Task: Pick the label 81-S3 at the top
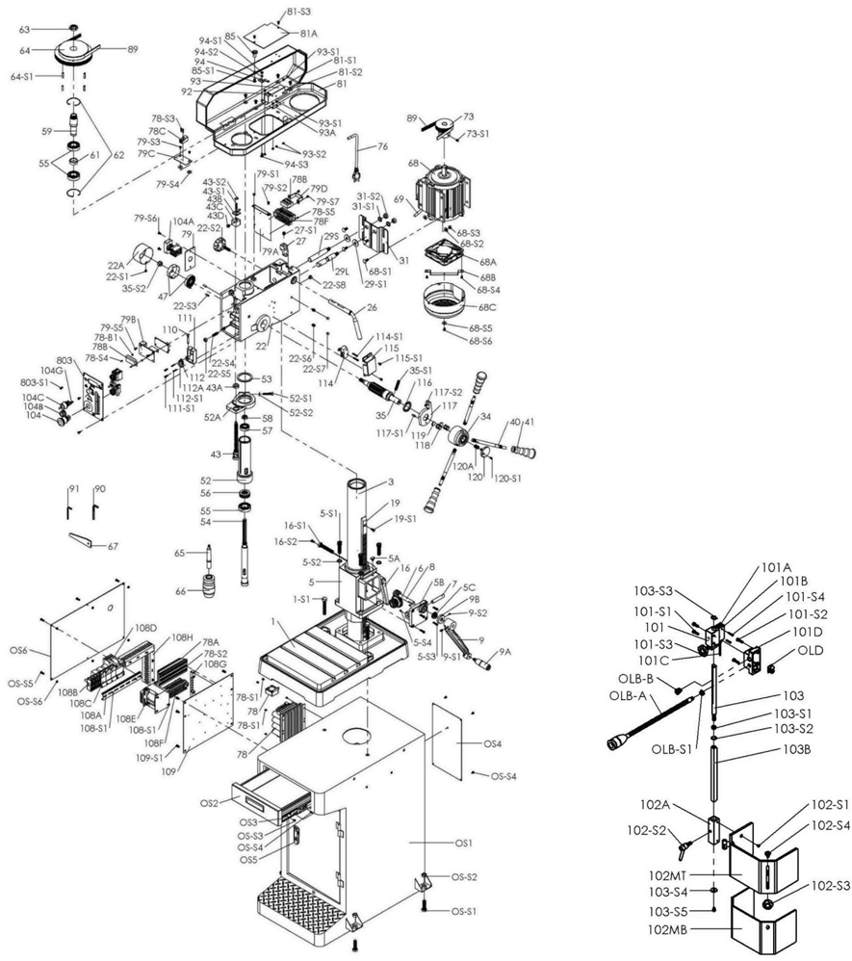[298, 12]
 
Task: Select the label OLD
[809, 650]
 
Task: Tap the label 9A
[505, 652]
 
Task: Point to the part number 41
[529, 423]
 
